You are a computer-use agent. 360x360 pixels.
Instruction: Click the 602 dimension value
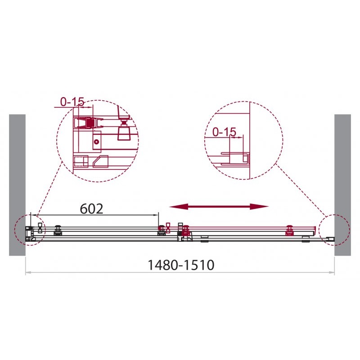point(91,209)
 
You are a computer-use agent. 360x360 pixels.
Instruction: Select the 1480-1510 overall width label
point(181,265)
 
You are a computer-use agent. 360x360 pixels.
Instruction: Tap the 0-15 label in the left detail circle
point(72,102)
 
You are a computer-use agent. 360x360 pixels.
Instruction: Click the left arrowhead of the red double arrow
point(177,207)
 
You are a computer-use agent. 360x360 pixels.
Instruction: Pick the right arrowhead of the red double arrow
point(259,207)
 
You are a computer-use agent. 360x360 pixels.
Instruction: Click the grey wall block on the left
point(17,185)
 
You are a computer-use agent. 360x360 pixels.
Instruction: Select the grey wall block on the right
point(342,185)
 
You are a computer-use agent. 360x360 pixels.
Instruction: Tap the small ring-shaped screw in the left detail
point(96,142)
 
